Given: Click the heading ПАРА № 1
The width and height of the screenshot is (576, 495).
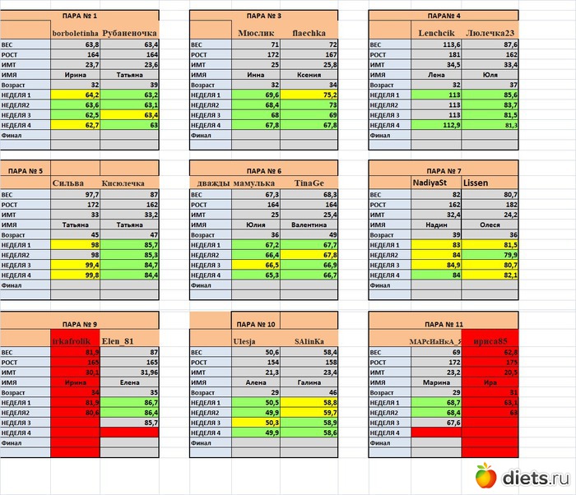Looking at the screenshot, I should click(80, 16).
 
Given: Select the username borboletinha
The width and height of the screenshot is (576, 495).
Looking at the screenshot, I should click(76, 32).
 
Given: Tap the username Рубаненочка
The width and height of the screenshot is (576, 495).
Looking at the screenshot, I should click(128, 32).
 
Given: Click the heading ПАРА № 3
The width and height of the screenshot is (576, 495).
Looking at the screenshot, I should click(263, 16).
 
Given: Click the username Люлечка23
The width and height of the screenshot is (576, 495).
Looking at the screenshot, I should click(491, 32).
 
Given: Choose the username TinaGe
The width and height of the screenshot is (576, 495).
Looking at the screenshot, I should click(309, 183).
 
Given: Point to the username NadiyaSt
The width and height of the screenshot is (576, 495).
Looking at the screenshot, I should click(434, 183).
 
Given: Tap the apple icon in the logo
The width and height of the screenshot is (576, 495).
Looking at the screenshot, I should click(486, 474).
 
